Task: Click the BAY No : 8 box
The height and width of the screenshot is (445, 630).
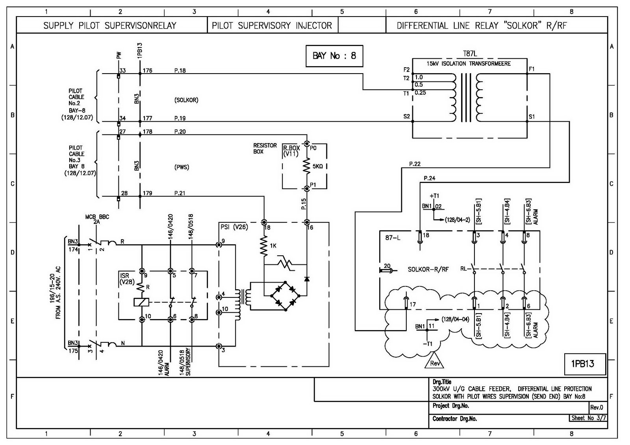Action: pyautogui.click(x=334, y=56)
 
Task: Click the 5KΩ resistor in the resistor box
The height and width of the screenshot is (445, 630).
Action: pyautogui.click(x=307, y=167)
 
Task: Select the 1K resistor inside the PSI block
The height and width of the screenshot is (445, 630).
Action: pyautogui.click(x=264, y=246)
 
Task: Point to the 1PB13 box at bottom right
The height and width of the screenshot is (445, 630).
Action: pyautogui.click(x=582, y=364)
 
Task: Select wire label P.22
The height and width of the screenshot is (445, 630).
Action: pyautogui.click(x=415, y=164)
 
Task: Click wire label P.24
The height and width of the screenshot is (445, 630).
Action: pyautogui.click(x=429, y=178)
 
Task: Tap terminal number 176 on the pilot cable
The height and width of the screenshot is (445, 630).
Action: pyautogui.click(x=148, y=71)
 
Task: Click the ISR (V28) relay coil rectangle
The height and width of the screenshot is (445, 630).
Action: pyautogui.click(x=141, y=302)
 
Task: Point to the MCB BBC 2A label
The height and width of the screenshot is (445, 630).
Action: pyautogui.click(x=97, y=219)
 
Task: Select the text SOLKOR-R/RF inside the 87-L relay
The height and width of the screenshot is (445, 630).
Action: pyautogui.click(x=428, y=270)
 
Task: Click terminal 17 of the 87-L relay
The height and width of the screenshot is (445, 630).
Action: pyautogui.click(x=406, y=303)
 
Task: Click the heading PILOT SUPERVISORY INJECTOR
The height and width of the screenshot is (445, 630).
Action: pyautogui.click(x=272, y=26)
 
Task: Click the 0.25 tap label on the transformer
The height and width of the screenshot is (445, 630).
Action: pyautogui.click(x=420, y=93)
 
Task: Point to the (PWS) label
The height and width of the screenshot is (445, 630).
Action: pyautogui.click(x=182, y=167)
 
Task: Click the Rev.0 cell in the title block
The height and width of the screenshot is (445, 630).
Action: pyautogui.click(x=596, y=407)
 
